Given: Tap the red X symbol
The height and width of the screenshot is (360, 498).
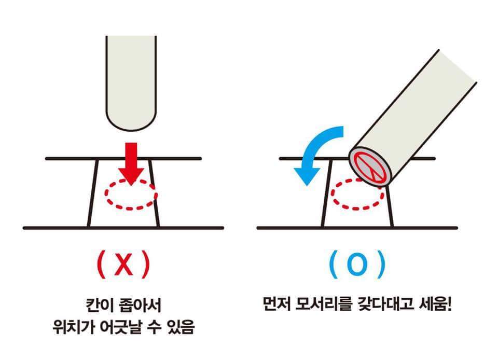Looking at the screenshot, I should pos(123,265).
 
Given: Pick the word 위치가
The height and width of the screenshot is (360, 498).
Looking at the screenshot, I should pos(72,328).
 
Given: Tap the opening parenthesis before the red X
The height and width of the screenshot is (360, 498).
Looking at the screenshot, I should pos(101,265).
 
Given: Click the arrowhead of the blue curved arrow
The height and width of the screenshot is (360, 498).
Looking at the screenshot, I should pos(304,174).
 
